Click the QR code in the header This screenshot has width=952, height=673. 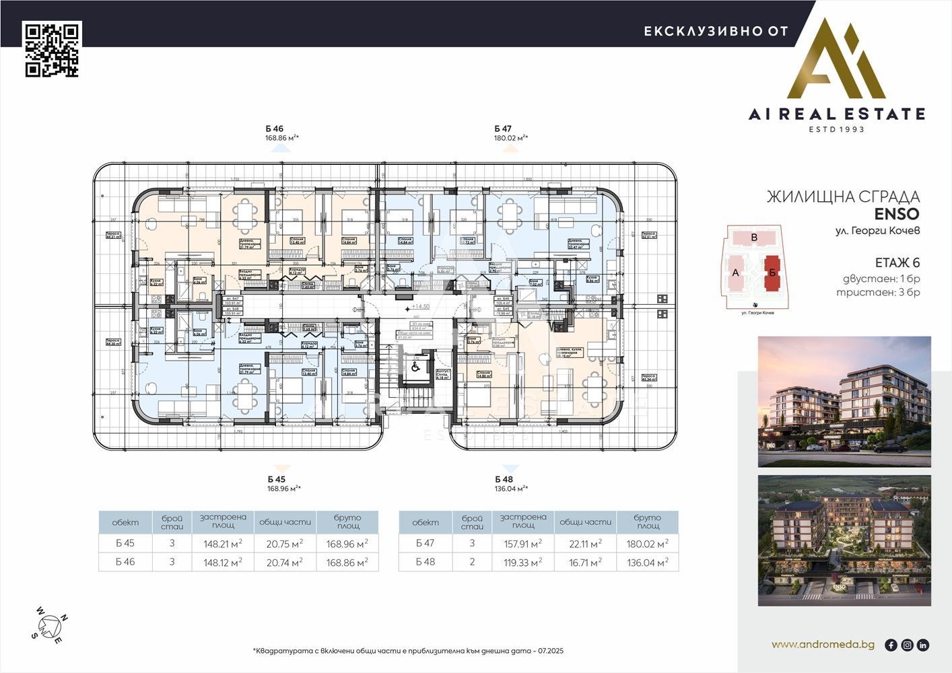click(x=53, y=50)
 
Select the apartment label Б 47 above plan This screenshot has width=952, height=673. click(x=503, y=129)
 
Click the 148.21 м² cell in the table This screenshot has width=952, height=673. click(x=223, y=544)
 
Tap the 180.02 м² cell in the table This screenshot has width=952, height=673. click(x=647, y=544)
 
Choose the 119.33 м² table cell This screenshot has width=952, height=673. click(x=523, y=563)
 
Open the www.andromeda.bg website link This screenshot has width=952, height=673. click(x=823, y=645)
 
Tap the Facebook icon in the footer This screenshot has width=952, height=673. click(x=891, y=645)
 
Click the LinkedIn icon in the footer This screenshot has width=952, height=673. click(x=923, y=645)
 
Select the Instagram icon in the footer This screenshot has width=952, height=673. click(x=907, y=645)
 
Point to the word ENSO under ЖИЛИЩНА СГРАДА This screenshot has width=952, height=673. click(x=897, y=215)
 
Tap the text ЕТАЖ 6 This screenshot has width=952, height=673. click(x=897, y=263)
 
